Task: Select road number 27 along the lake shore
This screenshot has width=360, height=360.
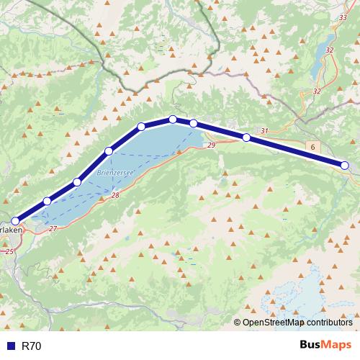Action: click(x=53, y=228)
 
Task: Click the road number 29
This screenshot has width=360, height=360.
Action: click(x=211, y=145)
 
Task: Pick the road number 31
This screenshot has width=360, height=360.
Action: click(x=264, y=131)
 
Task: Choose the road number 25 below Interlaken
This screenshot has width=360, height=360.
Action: click(x=9, y=252)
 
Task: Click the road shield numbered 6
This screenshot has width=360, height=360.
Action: click(x=313, y=146)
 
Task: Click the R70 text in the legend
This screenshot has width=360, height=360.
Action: click(x=32, y=346)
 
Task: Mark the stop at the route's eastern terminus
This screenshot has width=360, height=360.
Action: click(x=344, y=166)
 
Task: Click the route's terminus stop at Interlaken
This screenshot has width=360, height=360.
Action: click(x=15, y=222)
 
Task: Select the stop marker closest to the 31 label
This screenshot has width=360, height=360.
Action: click(x=246, y=137)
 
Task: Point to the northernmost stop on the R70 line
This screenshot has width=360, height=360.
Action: click(x=173, y=120)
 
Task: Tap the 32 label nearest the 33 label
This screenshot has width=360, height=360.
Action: click(x=330, y=50)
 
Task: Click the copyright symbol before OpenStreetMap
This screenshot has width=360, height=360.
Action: click(x=238, y=323)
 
